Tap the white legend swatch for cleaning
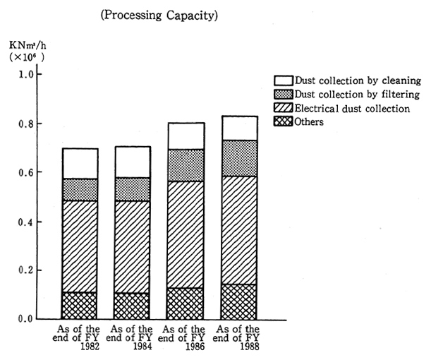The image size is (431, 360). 282,81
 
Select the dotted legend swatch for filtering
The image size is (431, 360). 282,95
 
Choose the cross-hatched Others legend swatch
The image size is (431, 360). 282,121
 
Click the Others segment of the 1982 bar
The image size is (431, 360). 80,305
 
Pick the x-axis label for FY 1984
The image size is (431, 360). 132,334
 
